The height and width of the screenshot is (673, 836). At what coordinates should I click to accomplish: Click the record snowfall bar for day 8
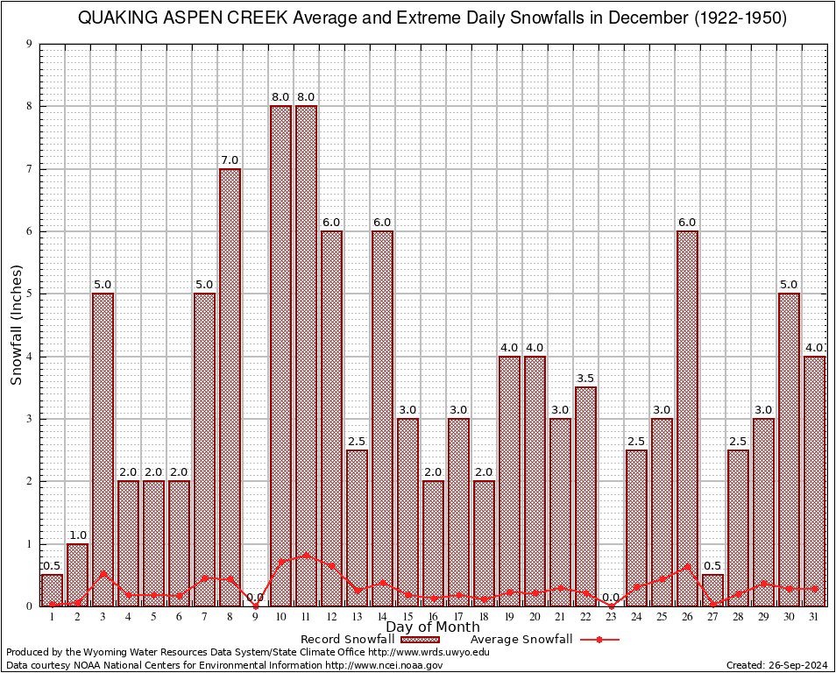tap(230, 386)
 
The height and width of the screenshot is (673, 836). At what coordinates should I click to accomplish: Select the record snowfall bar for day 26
tap(688, 418)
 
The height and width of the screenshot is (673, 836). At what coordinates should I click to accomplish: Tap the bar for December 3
tap(103, 449)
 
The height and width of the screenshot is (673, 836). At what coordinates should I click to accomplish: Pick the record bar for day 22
tap(586, 496)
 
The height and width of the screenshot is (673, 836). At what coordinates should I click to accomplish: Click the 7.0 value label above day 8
tap(230, 160)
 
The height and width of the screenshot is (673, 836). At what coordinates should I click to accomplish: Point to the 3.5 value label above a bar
tap(586, 379)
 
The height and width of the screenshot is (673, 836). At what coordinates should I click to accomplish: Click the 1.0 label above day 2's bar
tap(77, 535)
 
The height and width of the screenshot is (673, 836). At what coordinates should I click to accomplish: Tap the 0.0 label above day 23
tap(612, 598)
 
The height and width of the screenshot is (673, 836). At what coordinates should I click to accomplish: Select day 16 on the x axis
tap(434, 616)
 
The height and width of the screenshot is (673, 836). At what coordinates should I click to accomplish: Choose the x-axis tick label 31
tap(815, 616)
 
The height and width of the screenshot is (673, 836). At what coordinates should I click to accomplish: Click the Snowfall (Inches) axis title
tap(17, 325)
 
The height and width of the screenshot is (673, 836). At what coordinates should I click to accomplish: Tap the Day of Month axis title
tap(433, 627)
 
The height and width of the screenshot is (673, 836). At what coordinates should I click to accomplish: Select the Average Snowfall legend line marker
tap(599, 640)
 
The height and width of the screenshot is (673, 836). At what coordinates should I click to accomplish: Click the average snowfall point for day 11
tap(307, 555)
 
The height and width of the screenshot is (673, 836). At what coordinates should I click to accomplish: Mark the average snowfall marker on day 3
tap(103, 574)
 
